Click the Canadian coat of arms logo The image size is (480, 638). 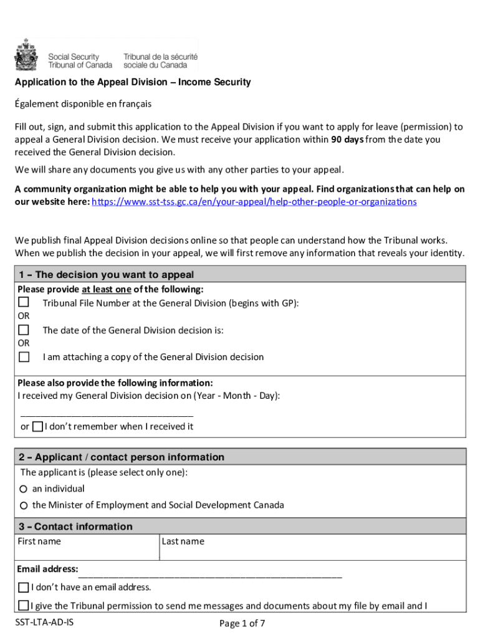(26, 55)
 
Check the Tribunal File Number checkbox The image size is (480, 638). (24, 302)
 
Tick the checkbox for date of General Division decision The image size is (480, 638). (24, 330)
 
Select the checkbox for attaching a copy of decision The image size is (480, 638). (24, 357)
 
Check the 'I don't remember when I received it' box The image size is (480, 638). (37, 426)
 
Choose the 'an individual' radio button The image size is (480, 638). (24, 489)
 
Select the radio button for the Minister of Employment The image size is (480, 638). (24, 505)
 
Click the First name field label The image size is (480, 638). (39, 541)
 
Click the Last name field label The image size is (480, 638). (183, 541)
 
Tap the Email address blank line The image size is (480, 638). (210, 573)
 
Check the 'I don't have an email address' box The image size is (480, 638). (24, 587)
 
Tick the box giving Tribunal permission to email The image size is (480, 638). (24, 605)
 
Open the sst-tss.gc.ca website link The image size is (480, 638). (254, 202)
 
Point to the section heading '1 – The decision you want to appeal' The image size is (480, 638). (107, 275)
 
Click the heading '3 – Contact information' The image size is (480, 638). (75, 526)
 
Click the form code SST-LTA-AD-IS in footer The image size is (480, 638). (45, 622)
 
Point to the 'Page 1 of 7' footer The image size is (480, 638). (242, 623)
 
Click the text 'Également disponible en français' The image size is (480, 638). (84, 103)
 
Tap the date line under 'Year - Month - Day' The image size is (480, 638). (107, 414)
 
